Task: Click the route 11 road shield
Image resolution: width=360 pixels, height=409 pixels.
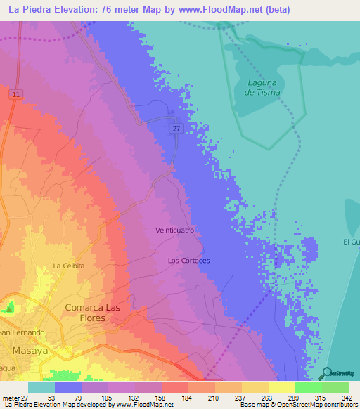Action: tap(16, 93)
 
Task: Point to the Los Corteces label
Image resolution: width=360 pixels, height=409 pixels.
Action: tap(188, 260)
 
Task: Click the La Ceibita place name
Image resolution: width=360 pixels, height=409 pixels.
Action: tap(69, 266)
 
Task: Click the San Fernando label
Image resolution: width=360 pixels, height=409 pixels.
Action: tap(22, 332)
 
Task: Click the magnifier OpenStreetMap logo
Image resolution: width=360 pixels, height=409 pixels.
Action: tap(326, 373)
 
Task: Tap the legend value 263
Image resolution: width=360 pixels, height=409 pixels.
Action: tap(256, 397)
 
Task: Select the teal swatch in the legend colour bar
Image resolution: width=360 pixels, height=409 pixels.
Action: tap(41, 387)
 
